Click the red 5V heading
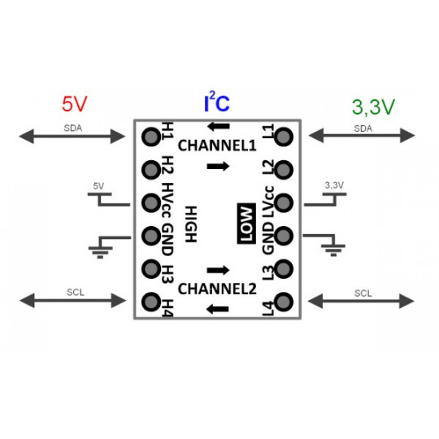tap(74, 104)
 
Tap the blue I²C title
tap(216, 103)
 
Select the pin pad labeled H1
tap(150, 136)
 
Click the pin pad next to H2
tap(150, 169)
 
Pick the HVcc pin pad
tap(150, 202)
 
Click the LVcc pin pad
tap(284, 202)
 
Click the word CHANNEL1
tap(217, 146)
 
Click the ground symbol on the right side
tap(330, 246)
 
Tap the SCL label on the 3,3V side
tap(363, 292)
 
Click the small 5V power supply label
tap(98, 186)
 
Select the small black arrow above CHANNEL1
tap(218, 126)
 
